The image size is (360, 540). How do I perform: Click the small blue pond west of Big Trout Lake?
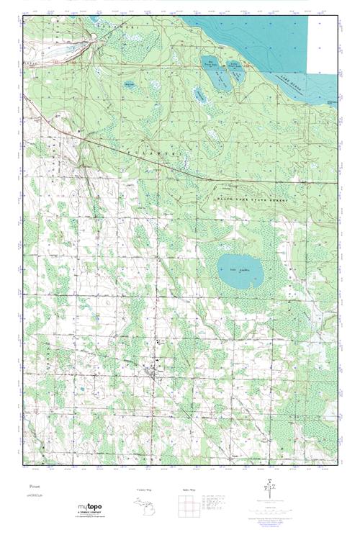pyautogui.click(x=130, y=84)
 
